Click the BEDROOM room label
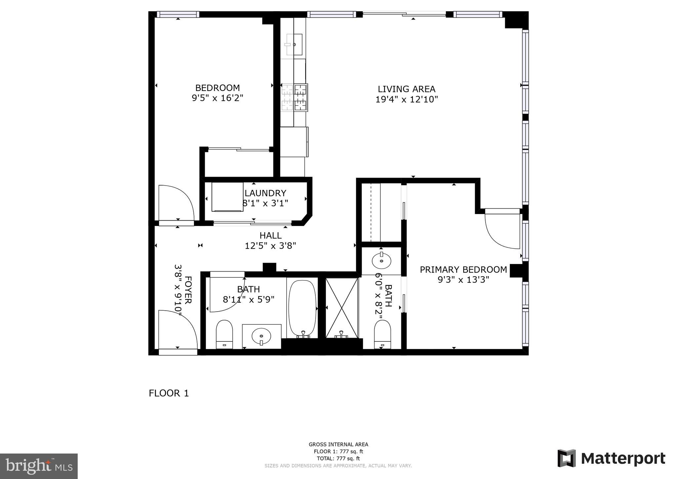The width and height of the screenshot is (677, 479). tap(217, 88)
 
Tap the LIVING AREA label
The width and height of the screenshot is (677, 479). tap(406, 89)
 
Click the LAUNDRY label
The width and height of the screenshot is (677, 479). tap(265, 193)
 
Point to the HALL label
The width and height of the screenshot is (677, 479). tap(270, 236)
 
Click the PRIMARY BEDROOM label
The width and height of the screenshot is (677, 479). tap(463, 270)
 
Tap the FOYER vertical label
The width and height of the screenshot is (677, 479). tap(188, 290)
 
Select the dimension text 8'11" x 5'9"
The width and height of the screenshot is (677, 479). tap(249, 300)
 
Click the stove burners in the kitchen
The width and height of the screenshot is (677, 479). tap(294, 97)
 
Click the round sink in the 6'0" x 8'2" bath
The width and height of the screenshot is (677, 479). tap(381, 261)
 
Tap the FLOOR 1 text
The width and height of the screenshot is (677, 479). tap(169, 393)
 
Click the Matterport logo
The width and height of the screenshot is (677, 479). tap(611, 458)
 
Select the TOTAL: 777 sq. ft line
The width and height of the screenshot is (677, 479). tap(338, 458)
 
